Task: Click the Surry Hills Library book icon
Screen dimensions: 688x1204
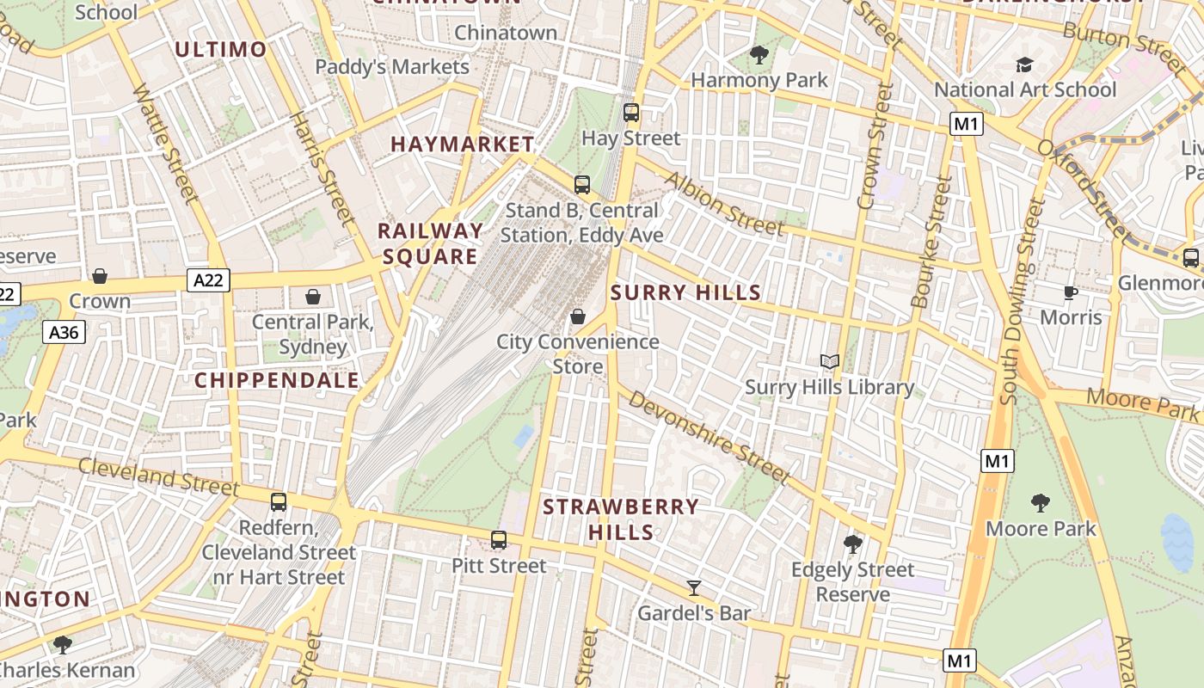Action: click(x=829, y=362)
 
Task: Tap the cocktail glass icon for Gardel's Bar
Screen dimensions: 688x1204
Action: click(x=694, y=588)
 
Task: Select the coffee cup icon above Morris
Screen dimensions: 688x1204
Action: click(x=1071, y=292)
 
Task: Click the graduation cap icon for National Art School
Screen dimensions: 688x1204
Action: click(x=1024, y=64)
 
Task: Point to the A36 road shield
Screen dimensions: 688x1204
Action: click(x=64, y=332)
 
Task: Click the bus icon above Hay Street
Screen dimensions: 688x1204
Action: click(x=631, y=113)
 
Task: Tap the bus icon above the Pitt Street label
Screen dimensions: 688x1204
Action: click(x=499, y=540)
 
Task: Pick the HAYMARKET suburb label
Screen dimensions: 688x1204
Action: click(x=463, y=144)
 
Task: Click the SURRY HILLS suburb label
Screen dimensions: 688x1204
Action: click(x=685, y=293)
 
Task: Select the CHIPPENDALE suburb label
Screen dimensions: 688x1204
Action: click(x=277, y=380)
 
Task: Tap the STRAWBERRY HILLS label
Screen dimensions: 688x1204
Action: click(x=621, y=519)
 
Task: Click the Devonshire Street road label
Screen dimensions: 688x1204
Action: click(x=709, y=436)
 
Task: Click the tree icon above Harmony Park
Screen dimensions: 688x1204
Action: click(x=759, y=55)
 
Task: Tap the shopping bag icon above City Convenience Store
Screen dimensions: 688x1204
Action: click(x=578, y=316)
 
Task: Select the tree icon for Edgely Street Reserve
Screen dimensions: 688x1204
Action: click(x=853, y=544)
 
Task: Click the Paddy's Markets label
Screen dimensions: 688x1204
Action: click(x=392, y=67)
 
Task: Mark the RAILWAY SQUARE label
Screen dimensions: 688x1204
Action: click(x=431, y=243)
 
